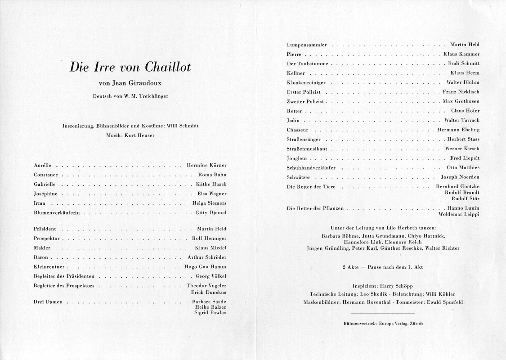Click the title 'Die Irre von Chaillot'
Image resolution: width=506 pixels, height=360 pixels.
click(130, 67)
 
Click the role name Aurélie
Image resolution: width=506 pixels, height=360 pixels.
click(43, 165)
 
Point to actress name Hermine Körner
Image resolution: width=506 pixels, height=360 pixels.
click(206, 165)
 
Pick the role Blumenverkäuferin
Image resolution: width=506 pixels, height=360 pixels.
click(56, 212)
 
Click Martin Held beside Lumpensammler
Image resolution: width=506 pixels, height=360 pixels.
click(465, 45)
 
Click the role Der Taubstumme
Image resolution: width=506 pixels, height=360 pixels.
click(307, 64)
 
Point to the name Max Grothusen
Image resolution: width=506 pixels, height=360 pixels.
click(461, 101)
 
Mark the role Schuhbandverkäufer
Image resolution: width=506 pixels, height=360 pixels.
click(311, 167)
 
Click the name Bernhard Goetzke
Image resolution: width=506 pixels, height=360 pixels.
click(457, 186)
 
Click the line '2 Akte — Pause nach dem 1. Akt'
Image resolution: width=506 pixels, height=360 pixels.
click(382, 267)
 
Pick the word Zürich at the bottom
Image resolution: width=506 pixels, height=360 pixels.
click(415, 323)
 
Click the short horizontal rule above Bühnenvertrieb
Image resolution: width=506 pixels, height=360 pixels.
click(382, 313)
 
